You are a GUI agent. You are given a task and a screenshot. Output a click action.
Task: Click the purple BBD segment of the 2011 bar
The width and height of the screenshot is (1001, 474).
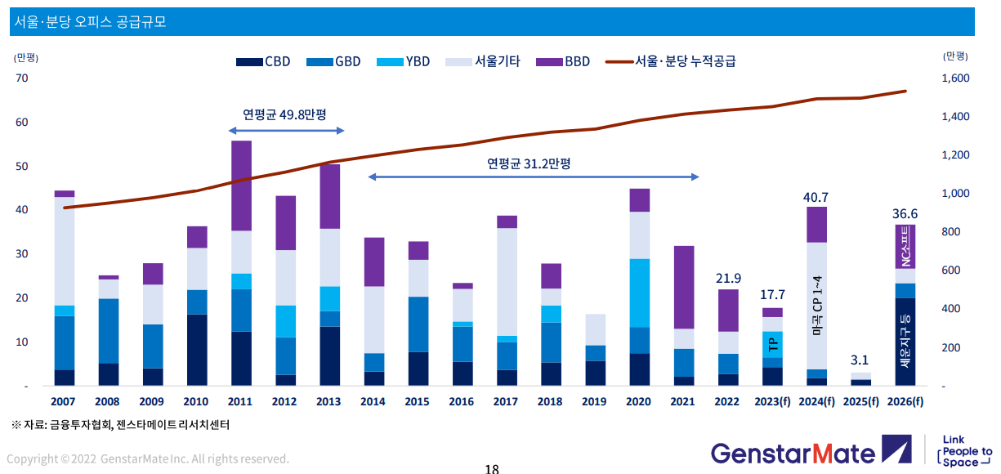click(x=241, y=186)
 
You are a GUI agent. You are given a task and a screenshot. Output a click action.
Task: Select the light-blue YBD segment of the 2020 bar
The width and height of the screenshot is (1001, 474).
click(x=640, y=293)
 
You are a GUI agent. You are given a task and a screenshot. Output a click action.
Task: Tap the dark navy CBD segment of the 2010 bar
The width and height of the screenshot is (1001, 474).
click(x=197, y=350)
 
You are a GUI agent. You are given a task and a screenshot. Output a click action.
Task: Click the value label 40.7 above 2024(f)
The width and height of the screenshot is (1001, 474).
click(x=816, y=197)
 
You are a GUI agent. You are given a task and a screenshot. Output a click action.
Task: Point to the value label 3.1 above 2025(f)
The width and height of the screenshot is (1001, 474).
click(x=860, y=360)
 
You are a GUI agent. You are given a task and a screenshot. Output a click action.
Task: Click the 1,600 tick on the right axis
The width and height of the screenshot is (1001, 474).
click(x=955, y=78)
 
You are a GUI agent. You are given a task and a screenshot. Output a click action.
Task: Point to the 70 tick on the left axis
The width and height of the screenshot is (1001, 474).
click(x=21, y=78)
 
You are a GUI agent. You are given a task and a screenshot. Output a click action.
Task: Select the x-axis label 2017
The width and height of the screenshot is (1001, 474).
click(x=506, y=401)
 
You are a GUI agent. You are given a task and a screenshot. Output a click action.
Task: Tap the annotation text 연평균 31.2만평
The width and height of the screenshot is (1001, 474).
click(x=529, y=163)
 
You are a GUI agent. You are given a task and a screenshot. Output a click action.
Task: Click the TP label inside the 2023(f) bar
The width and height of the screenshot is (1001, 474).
click(x=773, y=344)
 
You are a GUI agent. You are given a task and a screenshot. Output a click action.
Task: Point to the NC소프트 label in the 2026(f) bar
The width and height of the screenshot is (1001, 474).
click(x=905, y=247)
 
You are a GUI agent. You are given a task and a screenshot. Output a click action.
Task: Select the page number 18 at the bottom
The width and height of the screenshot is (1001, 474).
click(x=491, y=468)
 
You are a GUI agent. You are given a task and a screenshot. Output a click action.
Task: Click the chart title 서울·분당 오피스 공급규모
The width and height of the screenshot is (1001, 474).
click(x=90, y=22)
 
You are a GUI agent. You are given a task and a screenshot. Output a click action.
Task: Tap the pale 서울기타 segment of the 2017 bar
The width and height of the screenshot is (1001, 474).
click(x=507, y=282)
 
